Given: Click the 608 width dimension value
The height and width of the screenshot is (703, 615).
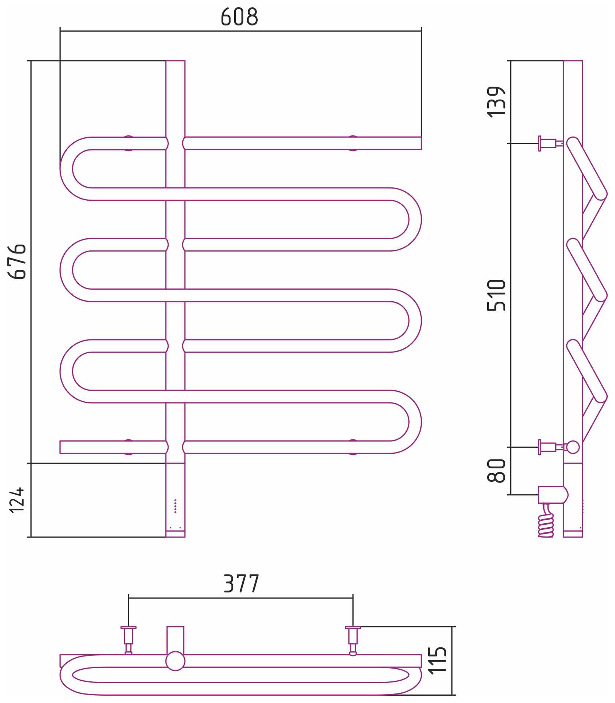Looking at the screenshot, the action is tap(239, 17).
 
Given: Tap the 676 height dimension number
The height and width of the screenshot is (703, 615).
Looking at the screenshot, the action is tap(17, 261).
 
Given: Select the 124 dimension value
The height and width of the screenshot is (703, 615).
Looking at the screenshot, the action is tap(17, 500).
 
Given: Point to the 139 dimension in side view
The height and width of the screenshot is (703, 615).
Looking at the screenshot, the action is tap(496, 102).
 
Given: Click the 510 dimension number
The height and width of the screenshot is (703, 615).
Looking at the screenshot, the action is tap(496, 295).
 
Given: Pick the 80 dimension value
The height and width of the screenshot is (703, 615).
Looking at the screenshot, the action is tap(496, 470).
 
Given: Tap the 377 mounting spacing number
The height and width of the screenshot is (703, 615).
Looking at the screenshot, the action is tap(241, 584).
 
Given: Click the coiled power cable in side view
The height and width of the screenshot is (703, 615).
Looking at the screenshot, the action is tap(546, 520).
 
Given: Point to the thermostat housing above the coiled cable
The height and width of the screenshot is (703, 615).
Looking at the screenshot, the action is tap(553, 495).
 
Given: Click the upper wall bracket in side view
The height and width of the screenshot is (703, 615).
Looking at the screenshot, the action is tap(551, 143).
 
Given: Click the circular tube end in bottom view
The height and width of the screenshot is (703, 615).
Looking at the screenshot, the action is tap(175, 661).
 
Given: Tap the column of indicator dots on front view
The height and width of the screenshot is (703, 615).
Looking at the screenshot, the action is tap(175, 506).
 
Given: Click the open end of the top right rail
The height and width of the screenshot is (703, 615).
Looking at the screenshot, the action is tap(421, 143).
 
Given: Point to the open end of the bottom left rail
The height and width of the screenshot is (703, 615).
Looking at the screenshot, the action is tap(60, 447).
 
